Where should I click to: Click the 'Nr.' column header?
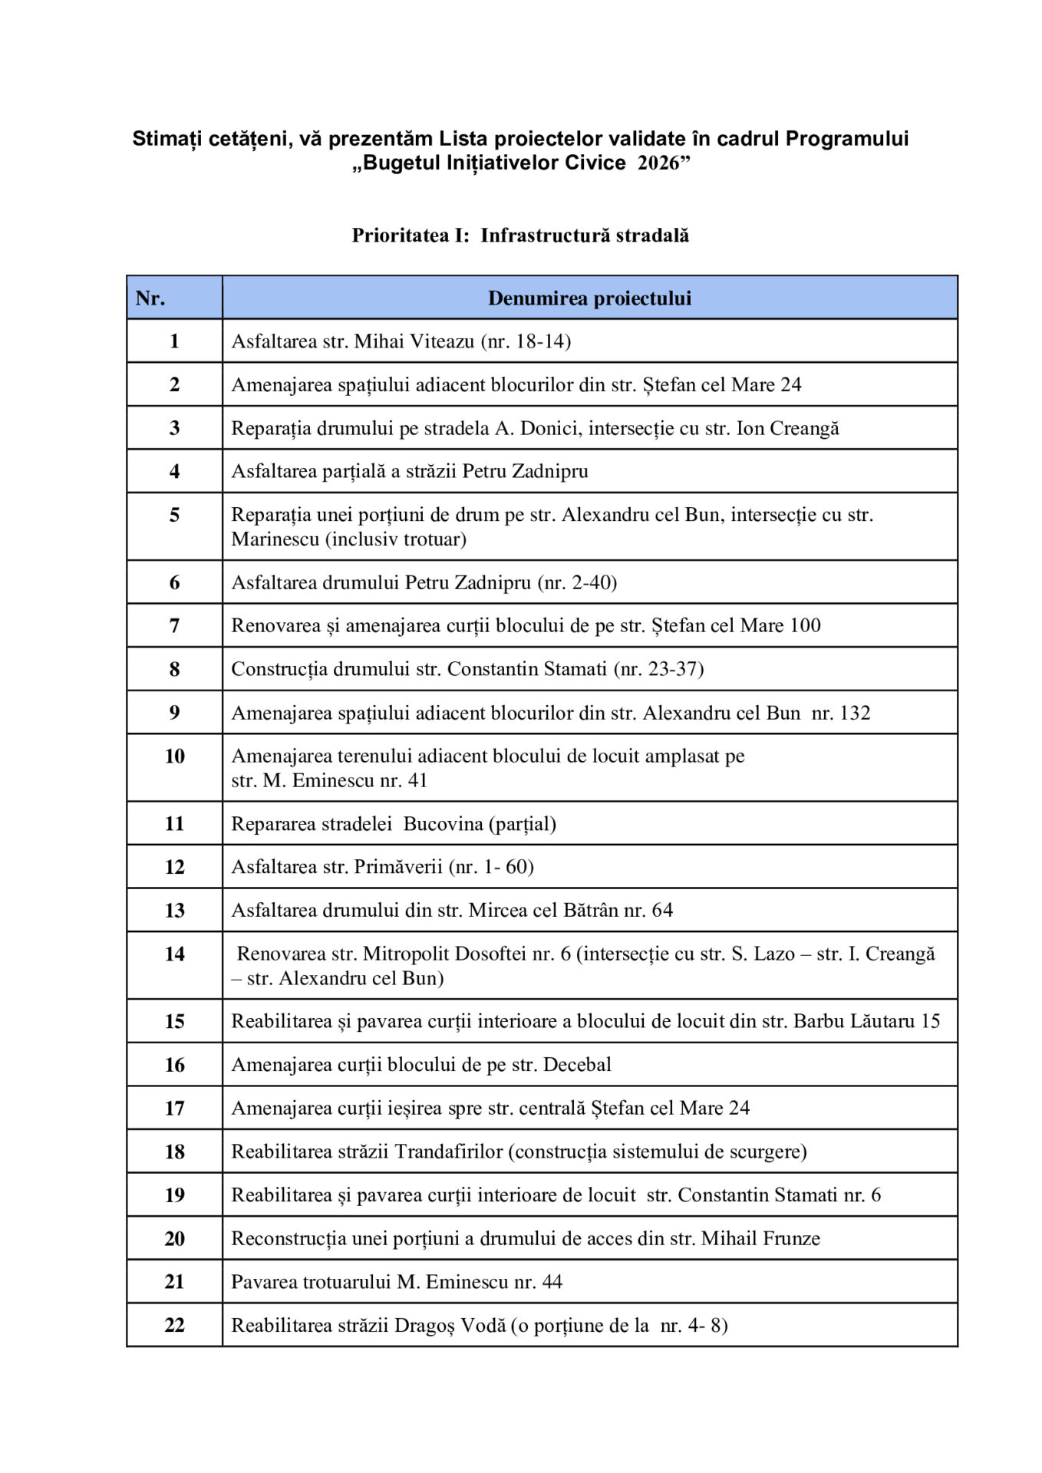[150, 298]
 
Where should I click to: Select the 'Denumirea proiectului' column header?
[589, 298]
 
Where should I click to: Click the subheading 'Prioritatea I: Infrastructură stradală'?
[520, 235]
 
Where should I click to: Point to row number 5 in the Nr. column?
[174, 514]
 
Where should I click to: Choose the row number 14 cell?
[174, 954]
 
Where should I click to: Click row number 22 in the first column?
[174, 1325]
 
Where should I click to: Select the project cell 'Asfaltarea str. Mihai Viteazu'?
[401, 341]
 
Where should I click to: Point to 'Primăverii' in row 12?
[398, 867]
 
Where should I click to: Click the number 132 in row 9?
[855, 713]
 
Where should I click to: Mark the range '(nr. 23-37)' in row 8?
[658, 669]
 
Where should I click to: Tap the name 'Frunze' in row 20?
[790, 1238]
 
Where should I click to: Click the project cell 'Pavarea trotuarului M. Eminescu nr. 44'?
[397, 1282]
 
